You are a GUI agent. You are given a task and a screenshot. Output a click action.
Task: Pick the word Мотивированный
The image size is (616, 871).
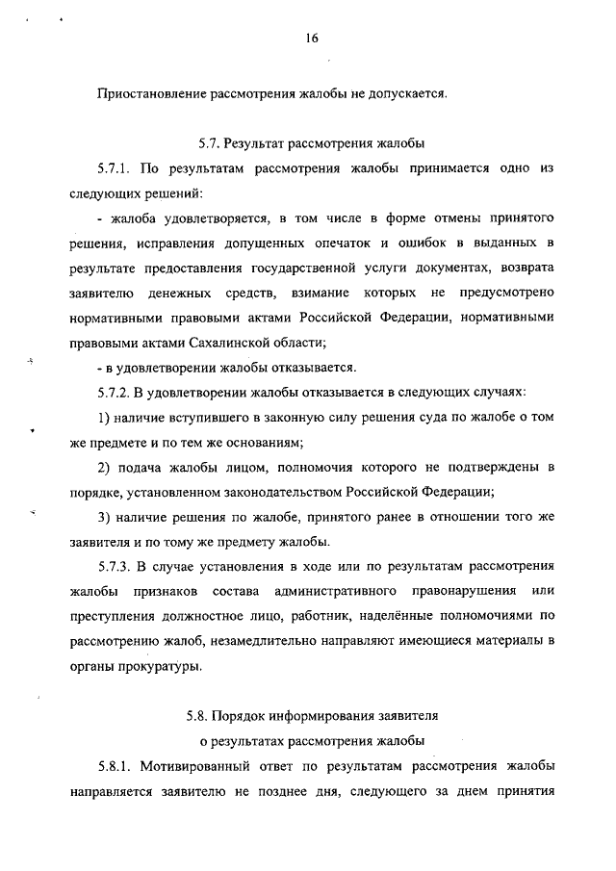point(194,768)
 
